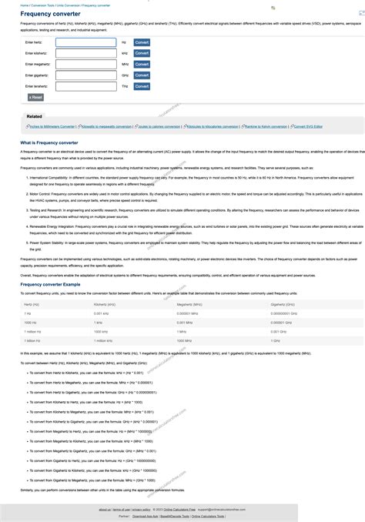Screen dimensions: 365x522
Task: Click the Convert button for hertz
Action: [x=142, y=42]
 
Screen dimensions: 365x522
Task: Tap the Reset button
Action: [x=35, y=98]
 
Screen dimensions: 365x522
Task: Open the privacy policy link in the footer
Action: [x=141, y=510]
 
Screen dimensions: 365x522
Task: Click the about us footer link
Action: [x=105, y=510]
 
